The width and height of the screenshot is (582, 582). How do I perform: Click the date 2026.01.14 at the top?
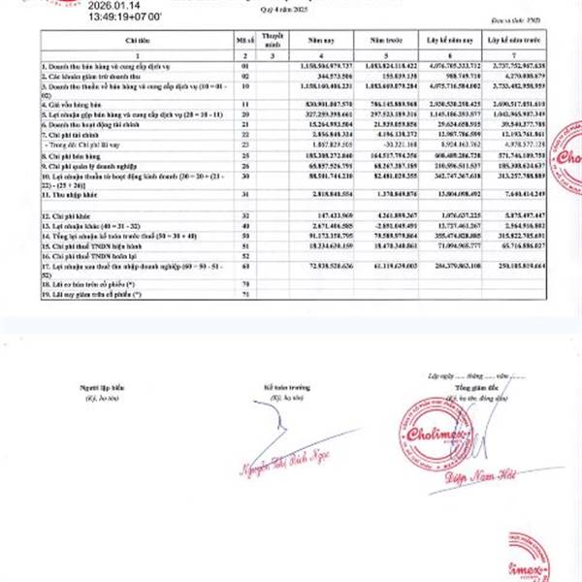[110, 6]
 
